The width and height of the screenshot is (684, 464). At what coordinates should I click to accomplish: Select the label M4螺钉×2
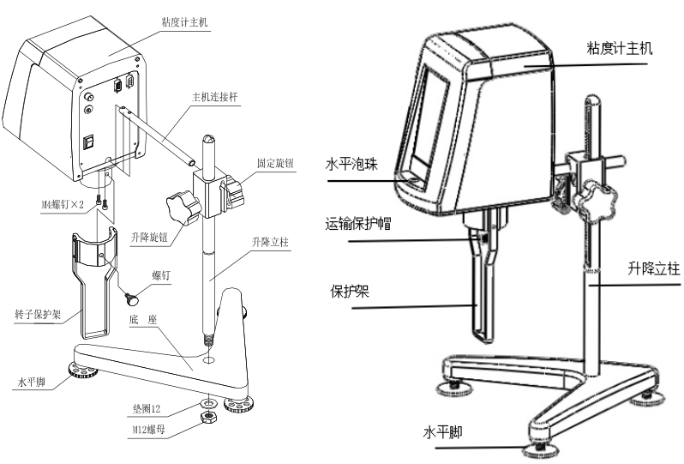pyautogui.click(x=64, y=205)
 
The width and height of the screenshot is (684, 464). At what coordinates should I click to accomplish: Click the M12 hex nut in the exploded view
pyautogui.click(x=207, y=418)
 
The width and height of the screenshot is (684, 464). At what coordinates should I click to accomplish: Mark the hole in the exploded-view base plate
pyautogui.click(x=207, y=360)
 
